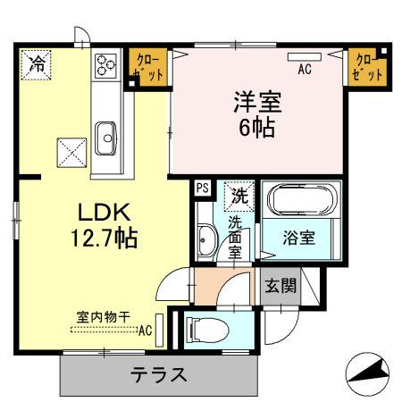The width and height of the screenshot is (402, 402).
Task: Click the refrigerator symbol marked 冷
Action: click(37, 63)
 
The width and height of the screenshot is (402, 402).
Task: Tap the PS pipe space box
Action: click(202, 188)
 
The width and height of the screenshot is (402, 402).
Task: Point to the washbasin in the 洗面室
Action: click(205, 239)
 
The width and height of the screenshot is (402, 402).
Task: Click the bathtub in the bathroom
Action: click(301, 201)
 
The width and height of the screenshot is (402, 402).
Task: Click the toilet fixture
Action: click(205, 329)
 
